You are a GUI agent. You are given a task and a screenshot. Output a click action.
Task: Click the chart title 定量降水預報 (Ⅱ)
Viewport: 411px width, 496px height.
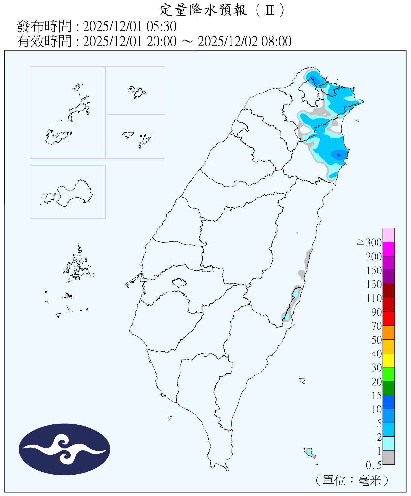pos(222,10)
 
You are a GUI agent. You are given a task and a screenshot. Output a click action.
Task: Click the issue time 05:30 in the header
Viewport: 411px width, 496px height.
pos(162,26)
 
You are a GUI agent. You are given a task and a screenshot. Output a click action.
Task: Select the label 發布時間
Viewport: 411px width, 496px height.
pos(44,26)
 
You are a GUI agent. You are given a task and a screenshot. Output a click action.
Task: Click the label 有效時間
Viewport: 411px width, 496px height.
pos(44,41)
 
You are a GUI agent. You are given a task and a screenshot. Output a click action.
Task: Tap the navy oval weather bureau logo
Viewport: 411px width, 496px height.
pos(64,449)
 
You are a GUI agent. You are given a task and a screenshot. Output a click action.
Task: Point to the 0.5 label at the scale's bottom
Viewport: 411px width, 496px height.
pos(374,465)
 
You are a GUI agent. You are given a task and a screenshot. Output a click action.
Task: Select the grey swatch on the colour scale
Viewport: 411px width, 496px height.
pos(389,457)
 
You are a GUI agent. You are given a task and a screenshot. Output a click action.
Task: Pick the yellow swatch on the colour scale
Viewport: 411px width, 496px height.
pos(389,360)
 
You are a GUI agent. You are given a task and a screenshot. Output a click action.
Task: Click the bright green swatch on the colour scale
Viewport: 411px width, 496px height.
pos(389,374)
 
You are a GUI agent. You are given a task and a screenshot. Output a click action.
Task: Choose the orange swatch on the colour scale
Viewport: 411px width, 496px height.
pos(389,332)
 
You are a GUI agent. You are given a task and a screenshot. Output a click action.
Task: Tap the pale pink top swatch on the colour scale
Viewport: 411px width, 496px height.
pos(389,235)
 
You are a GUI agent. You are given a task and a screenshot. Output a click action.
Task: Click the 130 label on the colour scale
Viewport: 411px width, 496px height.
pos(374,284)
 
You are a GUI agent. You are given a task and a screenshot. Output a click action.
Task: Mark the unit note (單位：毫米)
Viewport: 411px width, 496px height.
pos(352,480)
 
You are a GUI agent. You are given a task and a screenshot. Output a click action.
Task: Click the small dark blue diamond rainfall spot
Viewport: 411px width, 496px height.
pos(338,155)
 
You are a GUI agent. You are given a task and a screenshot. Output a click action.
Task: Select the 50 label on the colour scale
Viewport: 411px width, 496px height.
pos(377,340)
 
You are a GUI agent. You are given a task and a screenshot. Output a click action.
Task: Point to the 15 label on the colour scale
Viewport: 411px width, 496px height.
pos(377,395)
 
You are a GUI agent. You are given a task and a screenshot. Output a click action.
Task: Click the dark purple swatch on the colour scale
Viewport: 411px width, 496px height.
pos(389,277)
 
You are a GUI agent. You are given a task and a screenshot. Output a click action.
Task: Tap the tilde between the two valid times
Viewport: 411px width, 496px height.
pos(187,41)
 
